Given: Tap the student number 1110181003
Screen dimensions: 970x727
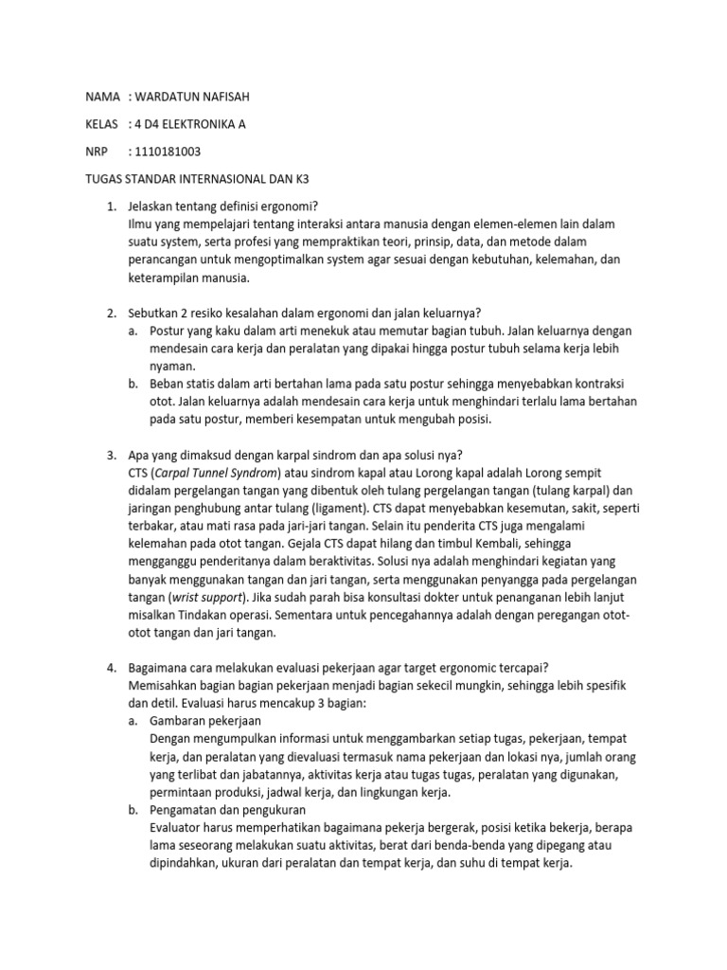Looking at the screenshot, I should pos(169,152).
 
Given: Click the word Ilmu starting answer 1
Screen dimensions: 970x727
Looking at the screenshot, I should pos(141,224).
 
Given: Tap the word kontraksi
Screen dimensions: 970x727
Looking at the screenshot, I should pos(607,384).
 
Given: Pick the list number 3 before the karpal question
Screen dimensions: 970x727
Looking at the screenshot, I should pos(110,455).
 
